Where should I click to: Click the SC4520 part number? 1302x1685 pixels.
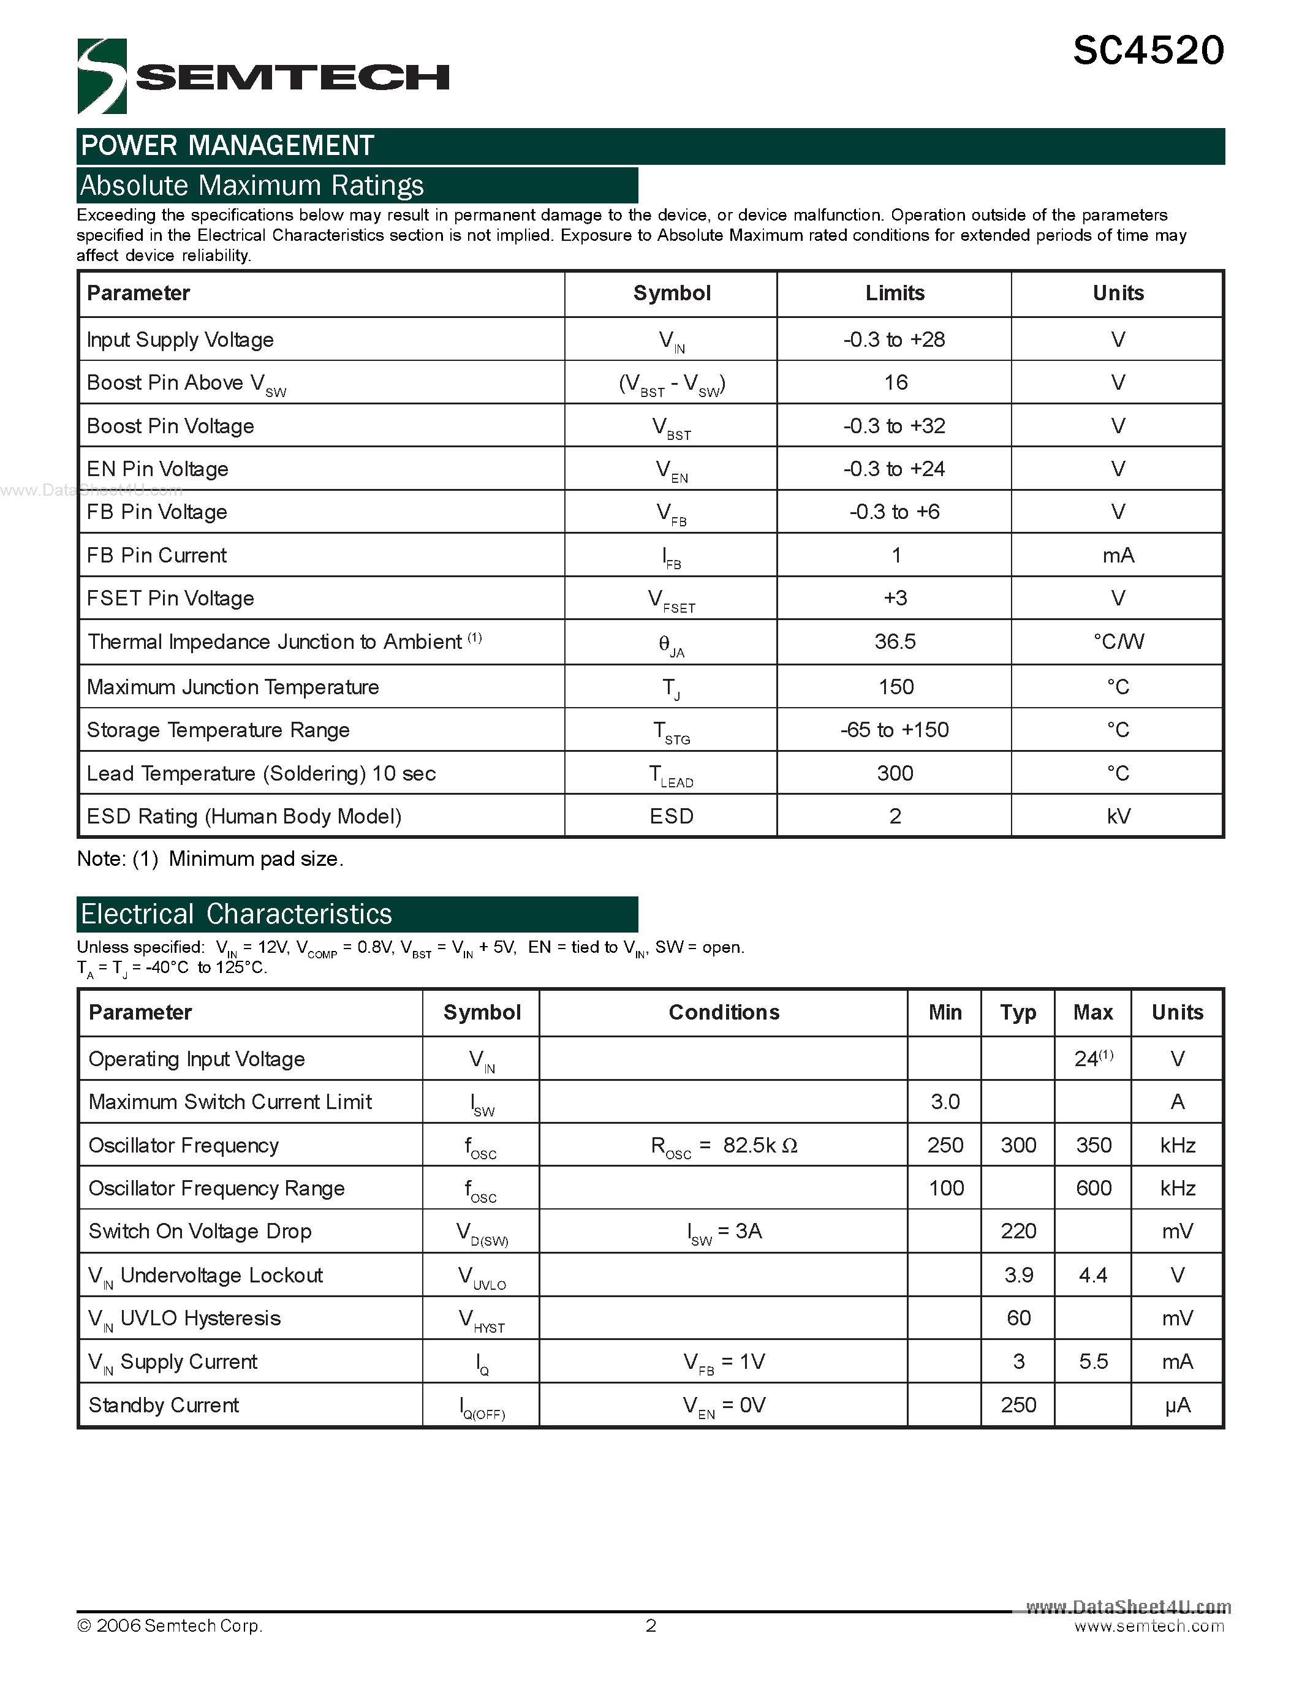(1148, 51)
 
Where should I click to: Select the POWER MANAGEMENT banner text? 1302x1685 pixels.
(227, 146)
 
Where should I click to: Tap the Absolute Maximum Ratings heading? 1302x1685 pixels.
(252, 186)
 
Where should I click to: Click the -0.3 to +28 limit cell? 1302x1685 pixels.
(894, 339)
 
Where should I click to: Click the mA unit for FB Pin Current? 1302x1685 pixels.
(1118, 556)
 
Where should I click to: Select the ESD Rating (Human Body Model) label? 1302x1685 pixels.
(244, 816)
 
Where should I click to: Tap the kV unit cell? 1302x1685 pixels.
(1118, 816)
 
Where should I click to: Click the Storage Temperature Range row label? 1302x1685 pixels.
(218, 730)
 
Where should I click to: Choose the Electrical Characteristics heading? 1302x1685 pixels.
(237, 914)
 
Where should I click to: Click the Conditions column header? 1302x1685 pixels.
(724, 1012)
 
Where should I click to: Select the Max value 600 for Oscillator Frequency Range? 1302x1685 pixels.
(1093, 1188)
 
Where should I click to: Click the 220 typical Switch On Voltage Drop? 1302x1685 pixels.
(1018, 1232)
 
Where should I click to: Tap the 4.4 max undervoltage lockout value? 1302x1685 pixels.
(1093, 1275)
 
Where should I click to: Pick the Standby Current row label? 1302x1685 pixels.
(164, 1405)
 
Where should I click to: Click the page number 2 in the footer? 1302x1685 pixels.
(651, 1626)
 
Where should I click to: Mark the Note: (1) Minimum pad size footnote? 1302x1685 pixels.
(210, 858)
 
